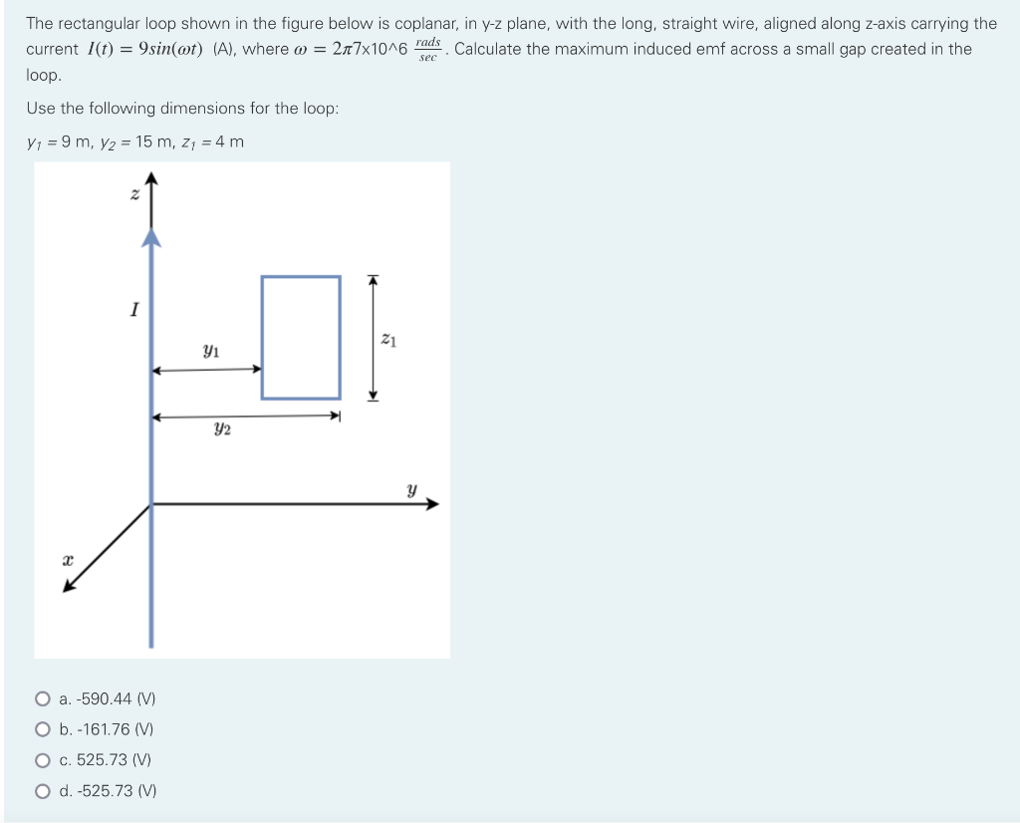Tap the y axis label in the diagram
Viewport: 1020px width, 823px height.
pos(410,489)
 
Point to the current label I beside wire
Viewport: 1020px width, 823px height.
pos(132,310)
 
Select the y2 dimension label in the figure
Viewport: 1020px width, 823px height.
pos(222,429)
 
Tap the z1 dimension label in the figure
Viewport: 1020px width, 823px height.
pos(389,341)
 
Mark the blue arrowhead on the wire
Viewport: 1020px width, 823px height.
pos(151,235)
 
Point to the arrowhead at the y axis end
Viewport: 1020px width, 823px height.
pos(432,504)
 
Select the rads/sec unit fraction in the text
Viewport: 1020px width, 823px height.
pos(428,49)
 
